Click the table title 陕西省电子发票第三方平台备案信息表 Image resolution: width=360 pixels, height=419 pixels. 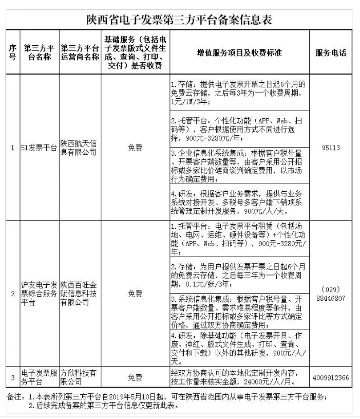[x=179, y=20]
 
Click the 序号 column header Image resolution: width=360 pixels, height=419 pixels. [x=12, y=52]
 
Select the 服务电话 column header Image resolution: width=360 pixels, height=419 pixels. [x=331, y=52]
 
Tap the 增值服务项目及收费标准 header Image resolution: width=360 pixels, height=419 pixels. [x=240, y=52]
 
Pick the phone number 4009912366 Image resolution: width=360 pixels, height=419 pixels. [x=331, y=378]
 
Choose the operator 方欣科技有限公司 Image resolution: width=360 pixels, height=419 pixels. [x=79, y=378]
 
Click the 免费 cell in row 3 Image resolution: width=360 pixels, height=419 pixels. [x=135, y=378]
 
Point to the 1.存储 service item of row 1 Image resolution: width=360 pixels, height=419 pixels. [x=239, y=93]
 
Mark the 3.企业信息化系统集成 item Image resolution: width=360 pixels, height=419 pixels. [x=239, y=166]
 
